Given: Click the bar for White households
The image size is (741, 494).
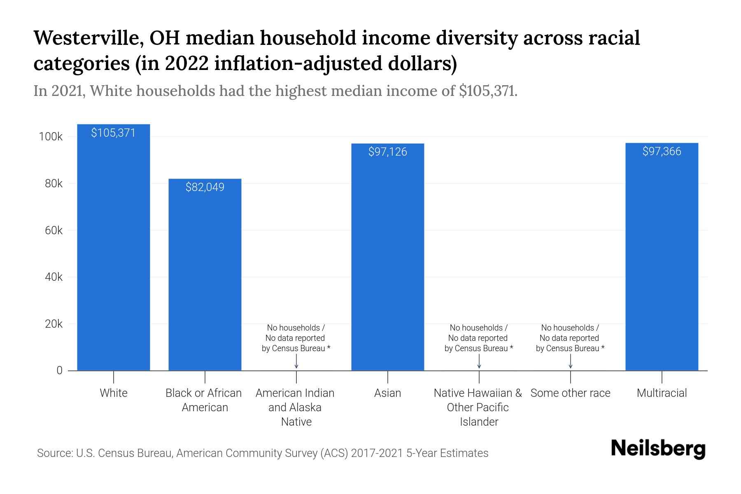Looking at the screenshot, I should point(114,255).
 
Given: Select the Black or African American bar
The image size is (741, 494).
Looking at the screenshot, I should point(205,280).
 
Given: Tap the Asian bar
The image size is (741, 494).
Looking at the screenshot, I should point(387,263).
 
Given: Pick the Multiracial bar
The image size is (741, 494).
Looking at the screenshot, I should point(662,263).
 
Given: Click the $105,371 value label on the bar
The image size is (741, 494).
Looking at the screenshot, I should point(113,133).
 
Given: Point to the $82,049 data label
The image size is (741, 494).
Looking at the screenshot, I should point(205,187).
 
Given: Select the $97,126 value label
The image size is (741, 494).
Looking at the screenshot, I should point(387,152).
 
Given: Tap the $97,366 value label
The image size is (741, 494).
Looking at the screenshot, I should point(662,151).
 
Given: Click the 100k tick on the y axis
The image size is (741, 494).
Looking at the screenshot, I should point(51,137).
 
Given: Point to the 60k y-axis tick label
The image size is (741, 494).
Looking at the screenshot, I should point(54,231).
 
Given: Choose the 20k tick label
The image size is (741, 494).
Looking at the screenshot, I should point(54,324).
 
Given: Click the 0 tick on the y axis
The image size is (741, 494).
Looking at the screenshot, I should point(59,370).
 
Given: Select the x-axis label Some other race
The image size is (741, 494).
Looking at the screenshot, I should point(570,393).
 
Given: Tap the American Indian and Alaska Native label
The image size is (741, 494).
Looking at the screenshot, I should point(295,407).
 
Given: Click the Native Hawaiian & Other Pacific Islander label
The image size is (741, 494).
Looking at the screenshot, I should point(478,407).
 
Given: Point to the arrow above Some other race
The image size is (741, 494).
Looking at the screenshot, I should point(570,362).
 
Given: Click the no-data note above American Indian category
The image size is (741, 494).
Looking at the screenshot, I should point(296,338).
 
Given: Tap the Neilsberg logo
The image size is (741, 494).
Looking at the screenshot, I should point(658,449).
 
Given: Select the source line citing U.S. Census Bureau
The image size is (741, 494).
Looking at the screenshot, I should point(263,453).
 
